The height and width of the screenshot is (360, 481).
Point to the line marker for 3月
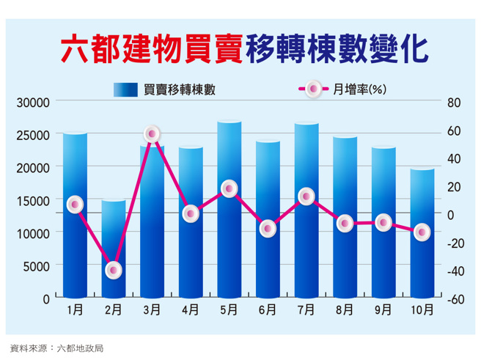tap(152, 133)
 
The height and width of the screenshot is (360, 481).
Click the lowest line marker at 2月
tap(113, 271)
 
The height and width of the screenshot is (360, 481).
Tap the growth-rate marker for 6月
tap(268, 229)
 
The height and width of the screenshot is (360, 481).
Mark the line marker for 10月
tap(422, 232)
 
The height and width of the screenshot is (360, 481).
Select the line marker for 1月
tap(74, 205)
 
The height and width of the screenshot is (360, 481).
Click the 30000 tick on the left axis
tap(33, 102)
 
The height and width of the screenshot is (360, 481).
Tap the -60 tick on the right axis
tap(455, 299)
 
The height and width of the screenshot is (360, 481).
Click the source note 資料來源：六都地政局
tap(56, 348)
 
